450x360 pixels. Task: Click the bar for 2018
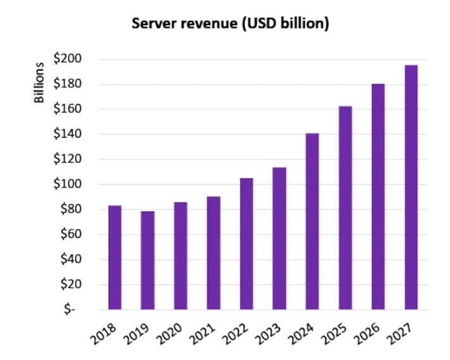115,258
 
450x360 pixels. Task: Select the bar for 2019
147,260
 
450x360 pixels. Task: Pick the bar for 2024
313,221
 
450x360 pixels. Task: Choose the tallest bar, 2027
411,187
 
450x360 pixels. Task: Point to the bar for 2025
346,208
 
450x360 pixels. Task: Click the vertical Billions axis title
39,83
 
